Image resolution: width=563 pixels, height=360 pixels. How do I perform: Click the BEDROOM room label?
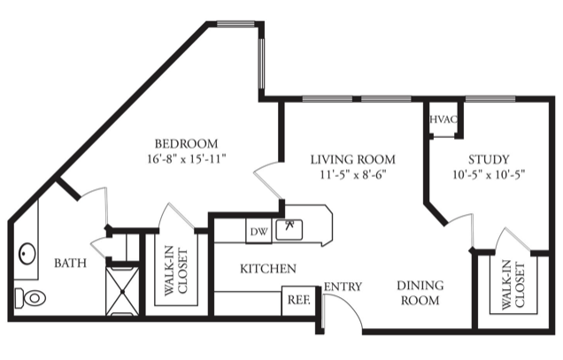tap(187, 143)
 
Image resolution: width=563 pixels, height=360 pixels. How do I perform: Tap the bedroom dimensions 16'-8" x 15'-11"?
tap(187, 158)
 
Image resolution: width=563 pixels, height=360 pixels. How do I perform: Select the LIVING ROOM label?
tap(353, 159)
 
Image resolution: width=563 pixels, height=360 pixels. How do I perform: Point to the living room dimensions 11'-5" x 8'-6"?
tap(353, 174)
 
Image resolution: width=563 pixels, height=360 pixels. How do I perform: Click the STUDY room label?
tap(489, 159)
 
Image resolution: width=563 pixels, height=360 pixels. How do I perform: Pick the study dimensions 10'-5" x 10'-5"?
tap(489, 174)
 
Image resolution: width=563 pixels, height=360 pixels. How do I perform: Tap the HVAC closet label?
tap(443, 119)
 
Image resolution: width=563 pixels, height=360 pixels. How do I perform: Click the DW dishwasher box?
tap(258, 231)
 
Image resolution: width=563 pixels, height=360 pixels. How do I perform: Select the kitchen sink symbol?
tap(289, 230)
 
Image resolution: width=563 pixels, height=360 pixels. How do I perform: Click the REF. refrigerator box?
tap(298, 301)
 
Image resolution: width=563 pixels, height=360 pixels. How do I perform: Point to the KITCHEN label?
tap(268, 269)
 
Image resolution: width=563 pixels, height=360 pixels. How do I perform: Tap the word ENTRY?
tap(343, 287)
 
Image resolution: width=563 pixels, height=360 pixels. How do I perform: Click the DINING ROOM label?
tap(420, 293)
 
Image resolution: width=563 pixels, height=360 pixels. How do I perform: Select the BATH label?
tap(71, 263)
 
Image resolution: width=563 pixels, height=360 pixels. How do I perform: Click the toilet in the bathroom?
tap(30, 298)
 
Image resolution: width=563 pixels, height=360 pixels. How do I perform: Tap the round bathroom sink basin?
tap(27, 253)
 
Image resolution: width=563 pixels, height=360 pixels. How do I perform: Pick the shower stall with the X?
tap(122, 291)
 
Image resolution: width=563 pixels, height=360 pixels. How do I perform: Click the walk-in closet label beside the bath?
tap(176, 271)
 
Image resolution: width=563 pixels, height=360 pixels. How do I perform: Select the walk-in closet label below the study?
tap(513, 286)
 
